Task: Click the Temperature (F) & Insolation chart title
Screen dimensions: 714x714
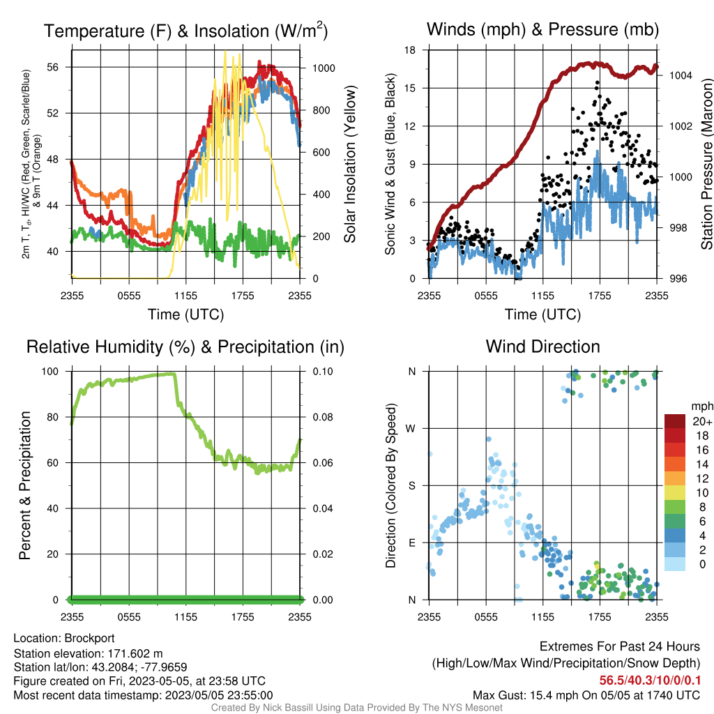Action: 185,31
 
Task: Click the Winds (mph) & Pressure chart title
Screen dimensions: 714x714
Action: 542,29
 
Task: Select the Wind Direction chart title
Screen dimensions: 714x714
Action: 542,347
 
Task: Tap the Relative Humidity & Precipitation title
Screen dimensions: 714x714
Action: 185,347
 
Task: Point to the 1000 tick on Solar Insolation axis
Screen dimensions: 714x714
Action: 324,68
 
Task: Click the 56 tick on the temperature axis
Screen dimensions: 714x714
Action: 53,68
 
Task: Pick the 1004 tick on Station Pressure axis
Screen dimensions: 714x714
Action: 681,75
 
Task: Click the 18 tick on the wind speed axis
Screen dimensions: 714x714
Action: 410,50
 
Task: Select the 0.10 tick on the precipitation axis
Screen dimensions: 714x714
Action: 323,372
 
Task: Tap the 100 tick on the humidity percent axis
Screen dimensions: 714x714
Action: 50,372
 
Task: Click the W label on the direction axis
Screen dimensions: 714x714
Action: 411,429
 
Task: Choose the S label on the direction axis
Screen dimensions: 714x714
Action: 412,486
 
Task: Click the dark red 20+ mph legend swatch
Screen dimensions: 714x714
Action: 675,421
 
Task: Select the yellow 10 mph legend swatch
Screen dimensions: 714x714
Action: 675,493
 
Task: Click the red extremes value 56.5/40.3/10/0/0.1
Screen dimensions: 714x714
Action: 650,681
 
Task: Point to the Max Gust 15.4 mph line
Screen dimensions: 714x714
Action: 586,695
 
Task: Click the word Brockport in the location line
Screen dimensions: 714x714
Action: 89,639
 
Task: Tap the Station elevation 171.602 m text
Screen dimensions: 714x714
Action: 89,654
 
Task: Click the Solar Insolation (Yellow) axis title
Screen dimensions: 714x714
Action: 350,164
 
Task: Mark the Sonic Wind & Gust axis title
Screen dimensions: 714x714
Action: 390,164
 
